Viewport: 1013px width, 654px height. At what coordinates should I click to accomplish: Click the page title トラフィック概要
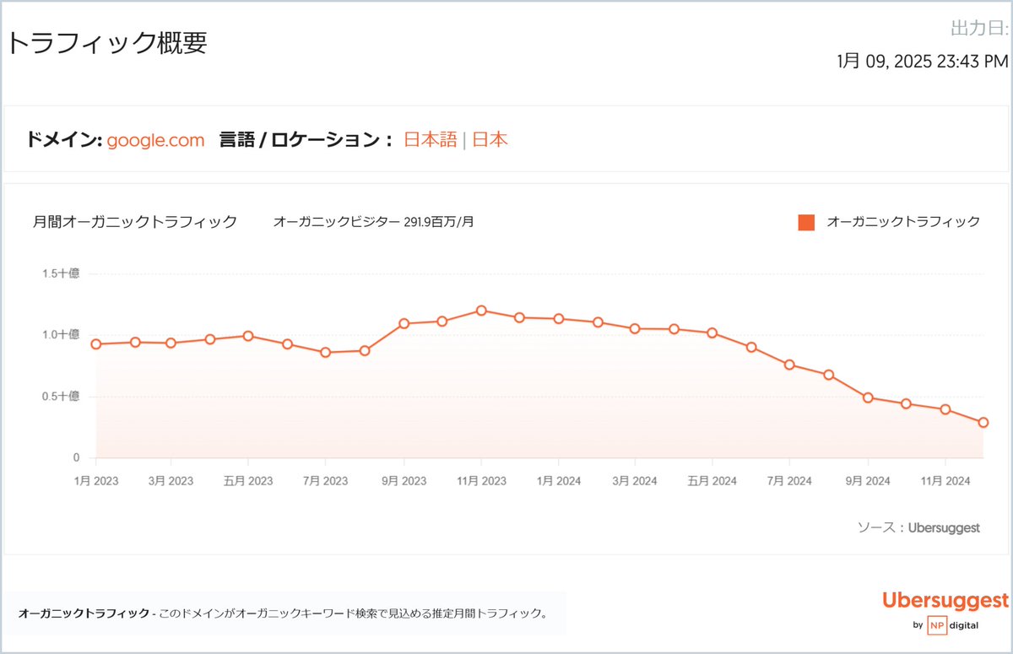[107, 43]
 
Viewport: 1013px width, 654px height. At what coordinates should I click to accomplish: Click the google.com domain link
[155, 140]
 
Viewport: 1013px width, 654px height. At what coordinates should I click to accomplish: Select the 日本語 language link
[430, 140]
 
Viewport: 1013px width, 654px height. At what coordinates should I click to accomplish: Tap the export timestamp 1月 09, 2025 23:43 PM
[922, 61]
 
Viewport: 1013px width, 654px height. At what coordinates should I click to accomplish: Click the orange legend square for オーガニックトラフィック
[806, 223]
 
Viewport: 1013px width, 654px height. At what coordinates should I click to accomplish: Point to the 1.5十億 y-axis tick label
[61, 273]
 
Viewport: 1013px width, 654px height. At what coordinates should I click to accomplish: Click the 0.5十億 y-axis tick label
[61, 397]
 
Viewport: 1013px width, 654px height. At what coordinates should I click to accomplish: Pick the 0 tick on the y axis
[75, 458]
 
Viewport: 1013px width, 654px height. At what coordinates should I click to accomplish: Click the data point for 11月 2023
[481, 311]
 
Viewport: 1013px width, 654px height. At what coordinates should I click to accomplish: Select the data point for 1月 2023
[95, 344]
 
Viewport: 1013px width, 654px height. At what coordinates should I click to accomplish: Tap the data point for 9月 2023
[404, 323]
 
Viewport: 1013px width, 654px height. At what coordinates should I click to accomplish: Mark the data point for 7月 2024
[789, 365]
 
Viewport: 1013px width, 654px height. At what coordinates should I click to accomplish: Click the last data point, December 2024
[983, 423]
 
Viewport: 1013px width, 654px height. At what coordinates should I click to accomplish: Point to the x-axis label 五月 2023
[248, 481]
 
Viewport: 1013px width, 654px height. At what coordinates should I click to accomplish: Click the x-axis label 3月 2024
[634, 481]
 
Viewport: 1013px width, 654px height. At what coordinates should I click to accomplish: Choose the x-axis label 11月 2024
[945, 481]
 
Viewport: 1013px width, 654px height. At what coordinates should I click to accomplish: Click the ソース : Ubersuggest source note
[918, 527]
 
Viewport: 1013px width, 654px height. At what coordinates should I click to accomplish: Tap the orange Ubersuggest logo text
[945, 601]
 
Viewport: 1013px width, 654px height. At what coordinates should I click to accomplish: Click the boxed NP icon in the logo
[936, 625]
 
